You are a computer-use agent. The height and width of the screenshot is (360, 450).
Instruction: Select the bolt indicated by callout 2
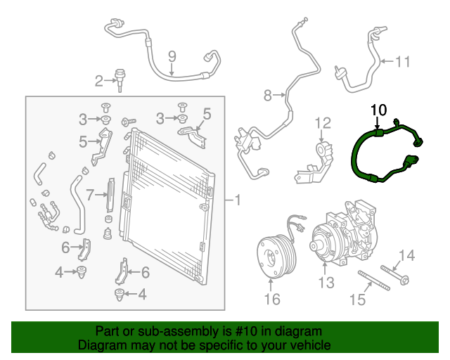tap(121, 77)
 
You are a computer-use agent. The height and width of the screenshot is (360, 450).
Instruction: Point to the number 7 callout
tap(90, 193)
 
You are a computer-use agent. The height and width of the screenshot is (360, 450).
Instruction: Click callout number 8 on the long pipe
tap(267, 94)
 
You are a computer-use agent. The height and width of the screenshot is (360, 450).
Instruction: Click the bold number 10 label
tap(378, 110)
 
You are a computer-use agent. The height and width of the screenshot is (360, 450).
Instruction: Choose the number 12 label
tap(322, 124)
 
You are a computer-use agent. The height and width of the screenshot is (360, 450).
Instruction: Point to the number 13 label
tap(324, 283)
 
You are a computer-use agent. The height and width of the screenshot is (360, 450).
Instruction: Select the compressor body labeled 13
tap(345, 232)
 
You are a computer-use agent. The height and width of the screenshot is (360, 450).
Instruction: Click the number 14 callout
tap(408, 255)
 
